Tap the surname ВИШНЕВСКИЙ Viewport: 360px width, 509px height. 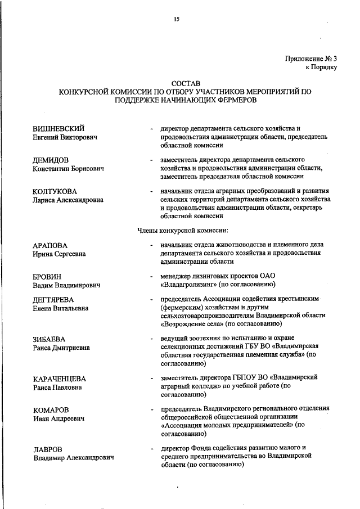coord(58,128)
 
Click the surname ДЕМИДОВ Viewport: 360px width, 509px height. coord(51,160)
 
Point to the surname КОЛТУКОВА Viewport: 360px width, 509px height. coord(55,191)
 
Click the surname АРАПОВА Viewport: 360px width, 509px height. coord(50,245)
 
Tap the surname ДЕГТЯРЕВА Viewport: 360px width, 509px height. coord(53,300)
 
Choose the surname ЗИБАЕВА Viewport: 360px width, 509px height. coord(49,339)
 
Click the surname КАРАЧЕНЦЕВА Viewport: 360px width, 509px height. coord(59,379)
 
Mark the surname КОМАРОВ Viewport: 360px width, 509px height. coord(51,410)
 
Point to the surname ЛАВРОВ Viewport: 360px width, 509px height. coord(47,449)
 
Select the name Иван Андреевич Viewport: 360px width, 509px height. coord(59,419)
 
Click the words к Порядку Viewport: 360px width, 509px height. coord(321,67)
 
